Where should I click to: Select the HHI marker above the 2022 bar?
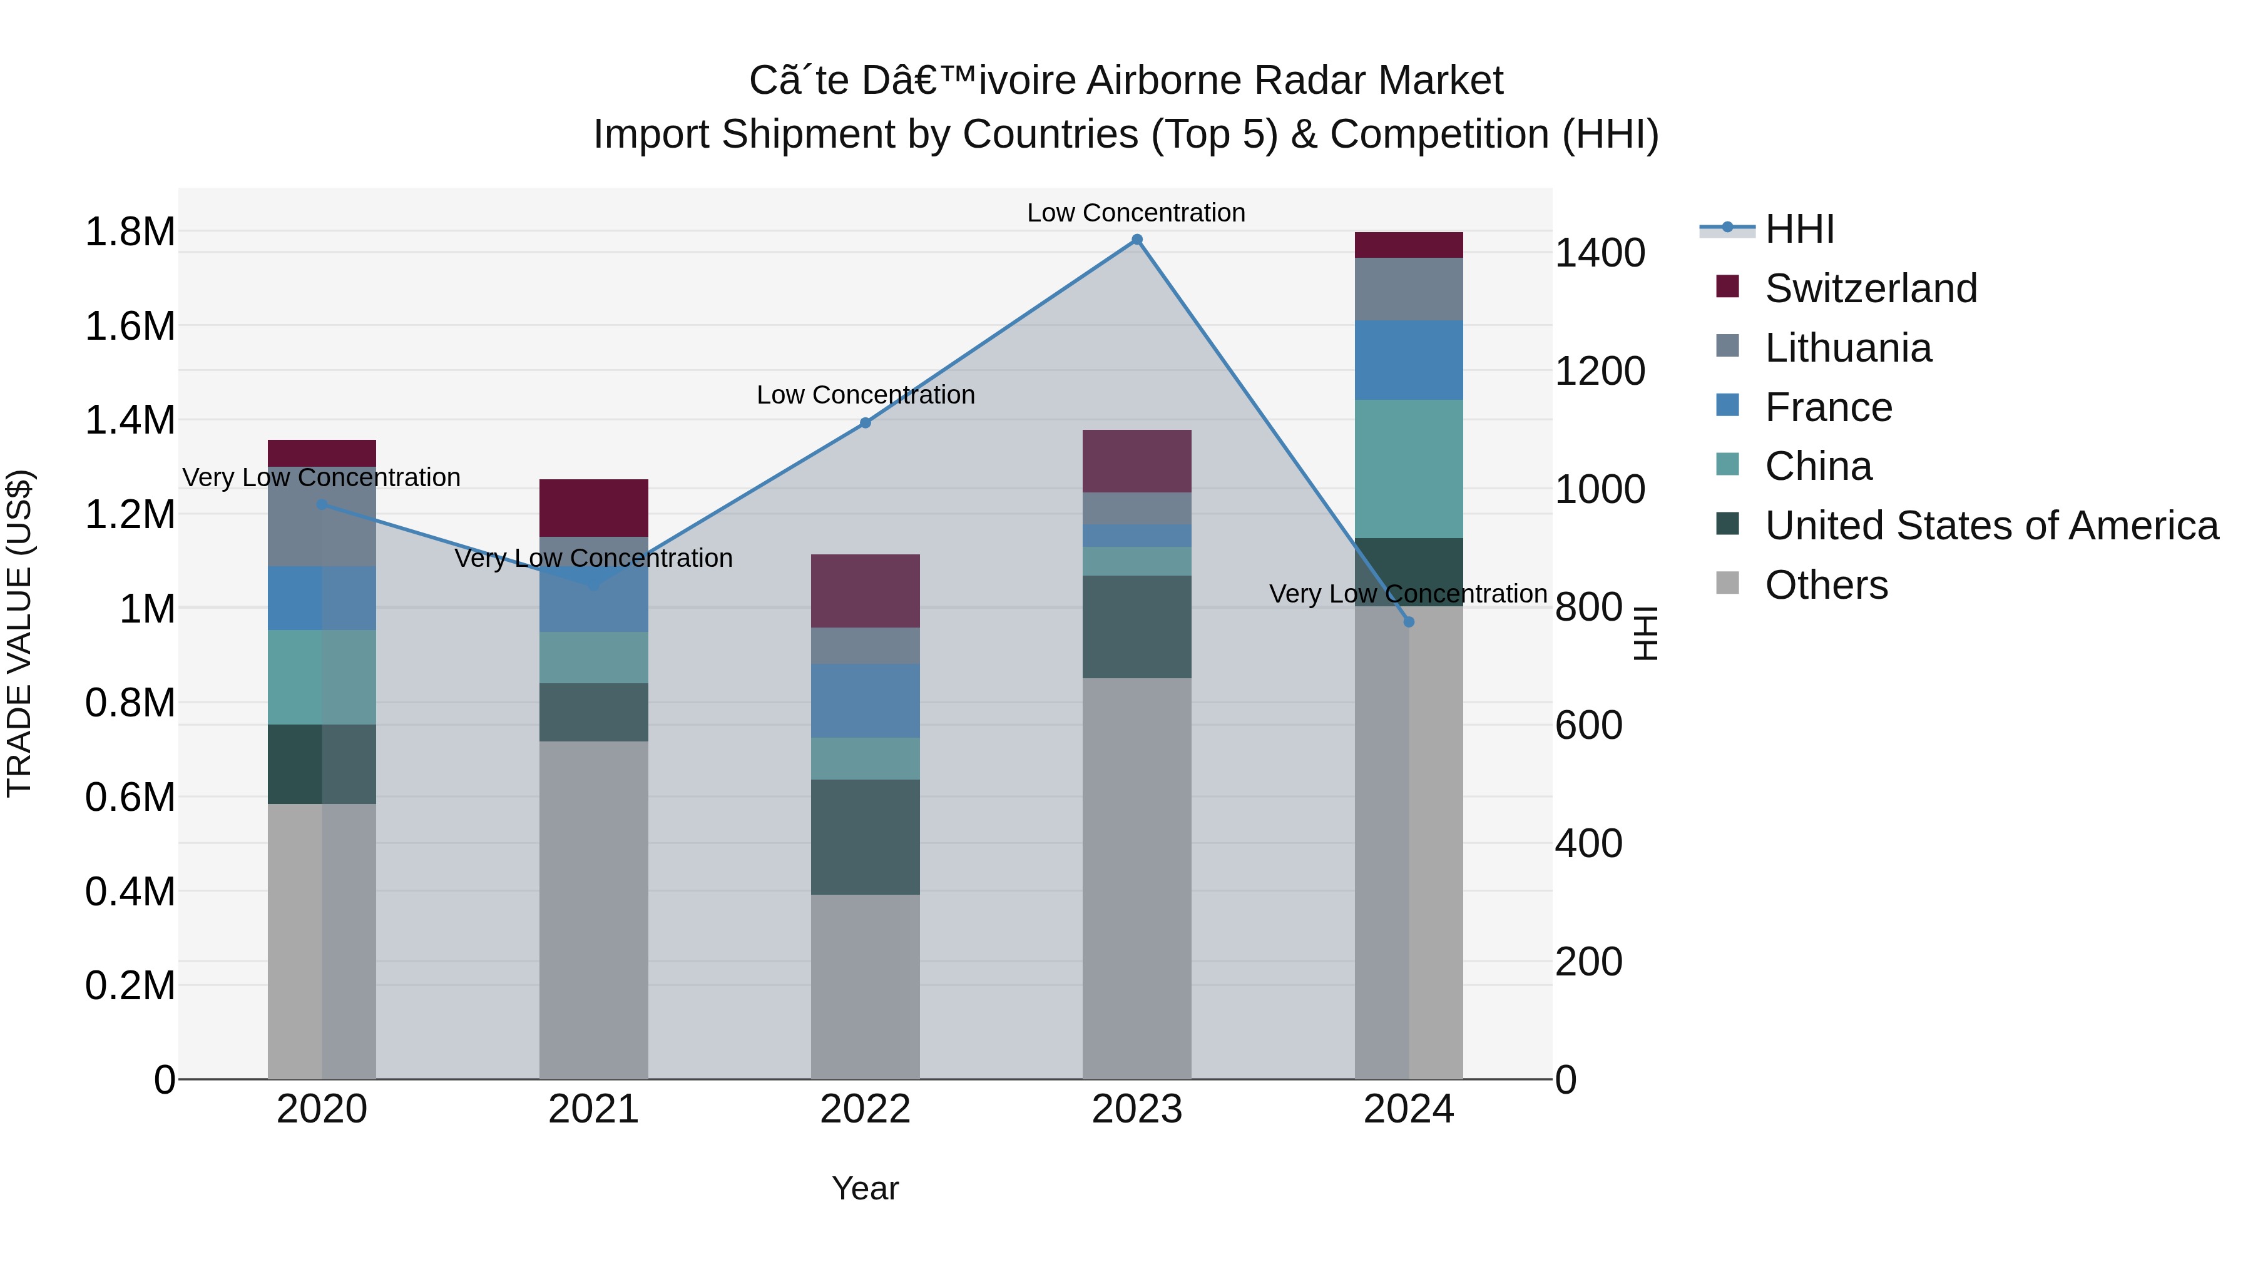(x=865, y=423)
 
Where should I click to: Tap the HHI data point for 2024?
(x=1408, y=622)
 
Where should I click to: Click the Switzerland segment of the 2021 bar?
(x=593, y=508)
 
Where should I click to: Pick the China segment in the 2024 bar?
(x=1408, y=469)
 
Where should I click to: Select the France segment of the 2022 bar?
(x=865, y=700)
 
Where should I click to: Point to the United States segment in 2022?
(x=865, y=837)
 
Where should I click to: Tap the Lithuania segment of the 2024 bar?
(x=1408, y=290)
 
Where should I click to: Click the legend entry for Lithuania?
(x=1847, y=348)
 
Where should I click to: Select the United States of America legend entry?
(x=1991, y=526)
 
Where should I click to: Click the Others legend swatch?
(x=1727, y=583)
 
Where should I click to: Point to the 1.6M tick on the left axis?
(x=130, y=326)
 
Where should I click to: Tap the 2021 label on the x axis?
(x=593, y=1109)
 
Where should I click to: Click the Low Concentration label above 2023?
(x=1135, y=213)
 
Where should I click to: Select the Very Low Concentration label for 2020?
(x=321, y=477)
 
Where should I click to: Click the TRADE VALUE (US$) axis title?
(x=19, y=633)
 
